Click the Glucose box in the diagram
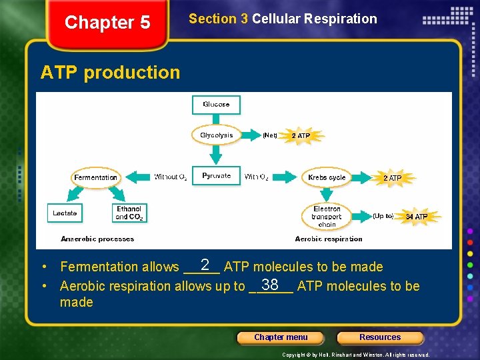[x=216, y=105]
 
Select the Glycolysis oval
[x=216, y=135]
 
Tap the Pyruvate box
[x=216, y=176]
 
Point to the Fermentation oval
[x=96, y=177]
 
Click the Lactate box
[x=65, y=213]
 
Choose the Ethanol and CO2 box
[x=129, y=213]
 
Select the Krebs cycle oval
[x=327, y=177]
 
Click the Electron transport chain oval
[x=327, y=216]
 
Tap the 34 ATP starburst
[x=416, y=217]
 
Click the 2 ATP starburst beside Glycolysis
[x=301, y=136]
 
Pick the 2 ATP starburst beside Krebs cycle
[x=392, y=178]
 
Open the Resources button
[x=380, y=337]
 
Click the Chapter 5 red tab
[x=107, y=23]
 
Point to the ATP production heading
[x=110, y=73]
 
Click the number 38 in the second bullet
[x=270, y=285]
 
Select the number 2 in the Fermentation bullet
[x=205, y=265]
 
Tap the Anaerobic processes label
[x=97, y=239]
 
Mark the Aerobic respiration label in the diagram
[x=329, y=239]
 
